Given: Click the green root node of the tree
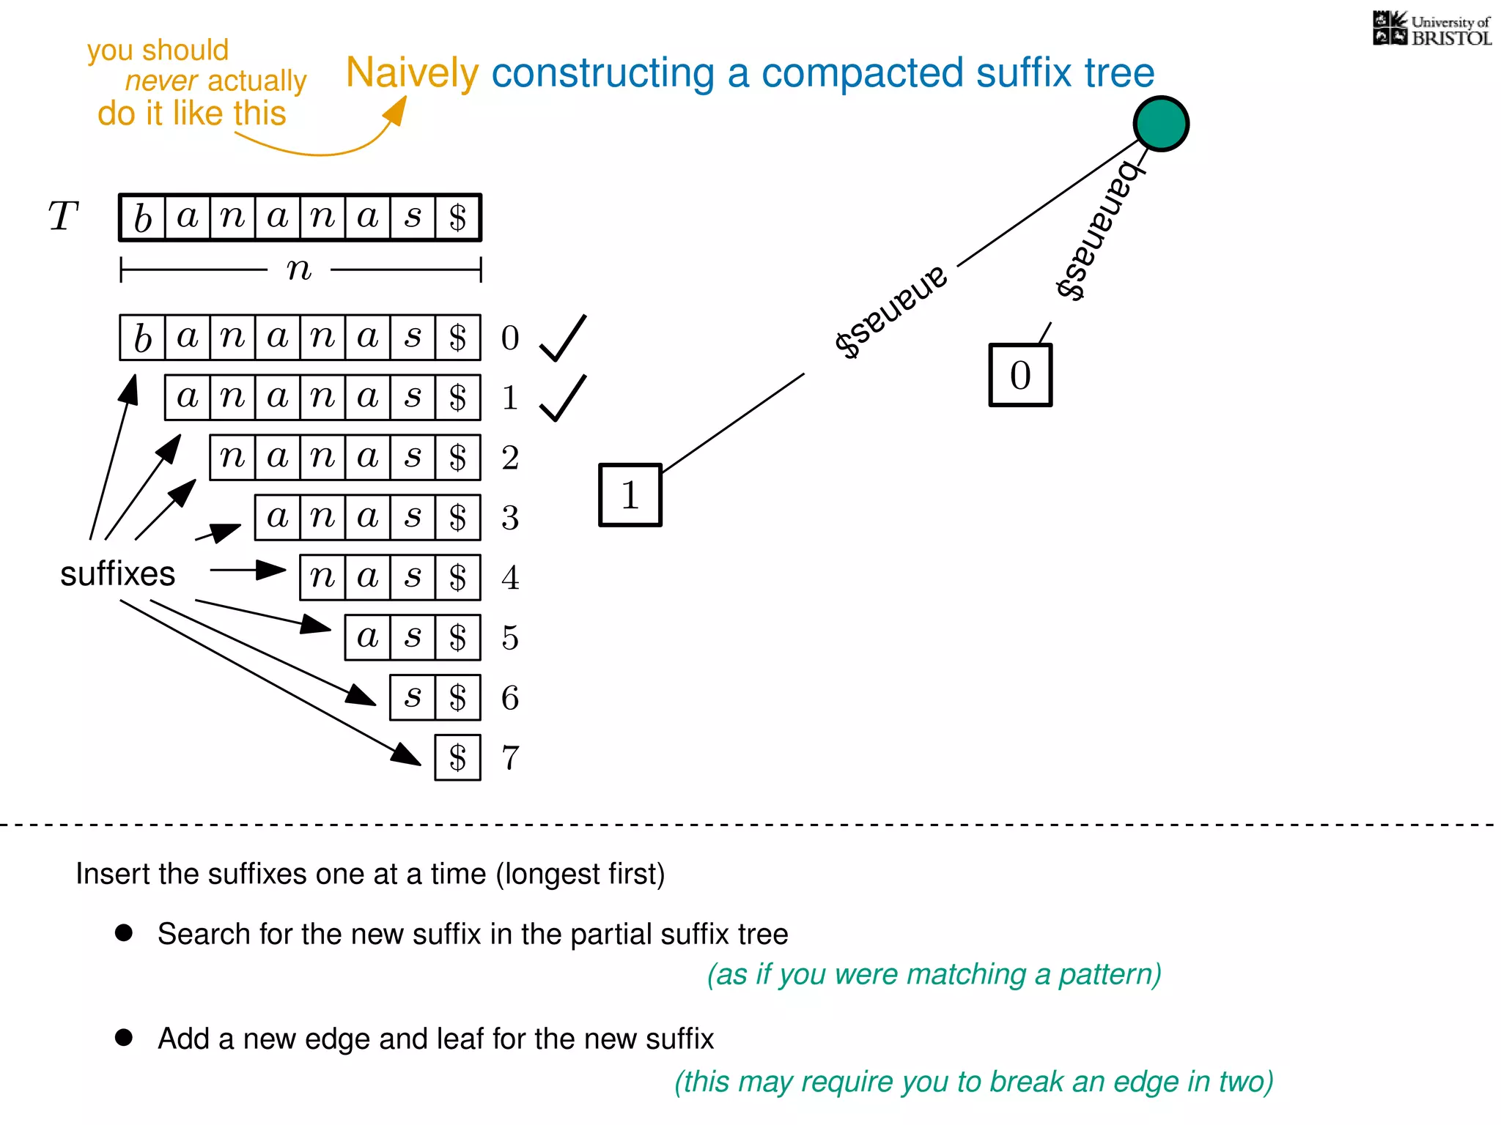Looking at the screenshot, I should click(x=1161, y=124).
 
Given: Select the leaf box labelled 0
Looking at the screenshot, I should click(x=1020, y=375).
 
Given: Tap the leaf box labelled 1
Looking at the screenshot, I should click(x=630, y=495).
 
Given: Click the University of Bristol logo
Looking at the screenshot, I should click(x=1432, y=29).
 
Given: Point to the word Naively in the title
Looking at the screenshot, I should click(x=412, y=73).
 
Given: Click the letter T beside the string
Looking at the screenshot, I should click(x=63, y=217).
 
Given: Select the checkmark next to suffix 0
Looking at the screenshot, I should click(x=562, y=338).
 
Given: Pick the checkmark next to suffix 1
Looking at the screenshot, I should click(x=562, y=398).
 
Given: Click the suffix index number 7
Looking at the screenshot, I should click(x=510, y=758).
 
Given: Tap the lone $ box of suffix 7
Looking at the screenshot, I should click(x=457, y=758).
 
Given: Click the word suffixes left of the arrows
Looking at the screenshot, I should click(x=117, y=573).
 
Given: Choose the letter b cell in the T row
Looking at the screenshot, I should click(x=143, y=218).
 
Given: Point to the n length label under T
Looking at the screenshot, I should click(x=299, y=270).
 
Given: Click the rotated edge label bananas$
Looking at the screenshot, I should click(x=1098, y=229).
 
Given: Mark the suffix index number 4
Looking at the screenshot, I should click(x=510, y=578).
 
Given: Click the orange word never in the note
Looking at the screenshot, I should click(x=161, y=81).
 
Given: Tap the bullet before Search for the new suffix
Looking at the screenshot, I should click(x=124, y=932).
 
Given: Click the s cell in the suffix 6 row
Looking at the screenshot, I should click(x=413, y=698).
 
